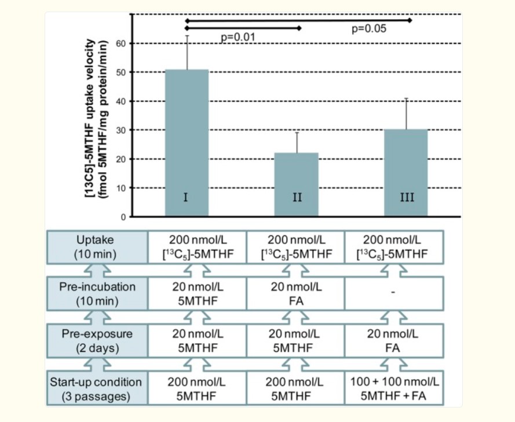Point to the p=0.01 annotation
238,37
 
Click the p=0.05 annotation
369,28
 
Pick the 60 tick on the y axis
121,43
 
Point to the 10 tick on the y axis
121,188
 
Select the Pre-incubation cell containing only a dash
394,293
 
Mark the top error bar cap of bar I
187,36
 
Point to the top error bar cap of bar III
407,99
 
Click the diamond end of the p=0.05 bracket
410,20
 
